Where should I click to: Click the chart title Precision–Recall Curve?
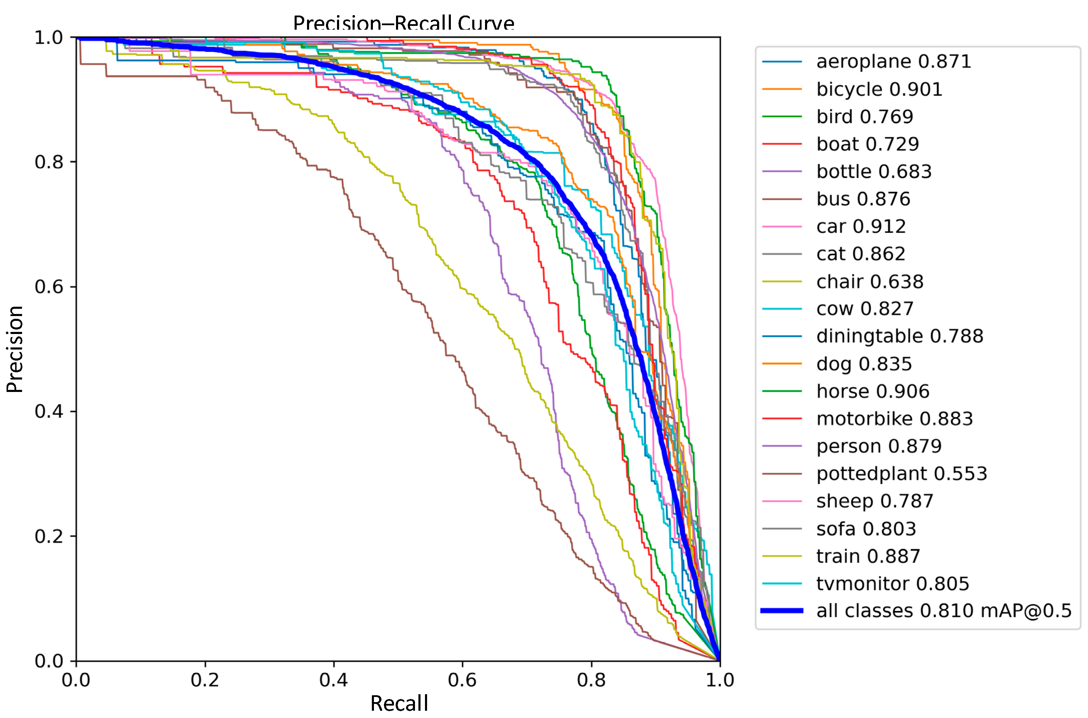coord(403,23)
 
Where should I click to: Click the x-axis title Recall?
coord(399,703)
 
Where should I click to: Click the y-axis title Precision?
coord(14,349)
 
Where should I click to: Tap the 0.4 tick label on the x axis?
coord(333,680)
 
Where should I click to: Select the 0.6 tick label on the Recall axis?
coord(462,680)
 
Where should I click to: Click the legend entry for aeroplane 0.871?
coord(893,61)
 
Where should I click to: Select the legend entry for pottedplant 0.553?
coord(901,473)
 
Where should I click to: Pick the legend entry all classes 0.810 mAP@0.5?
coord(944,611)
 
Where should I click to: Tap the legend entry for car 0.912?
coord(861,226)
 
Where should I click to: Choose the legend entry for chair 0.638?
coord(870,281)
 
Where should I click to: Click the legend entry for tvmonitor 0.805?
coord(892,583)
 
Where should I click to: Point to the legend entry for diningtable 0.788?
coord(899,336)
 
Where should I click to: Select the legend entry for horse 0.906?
coord(872,391)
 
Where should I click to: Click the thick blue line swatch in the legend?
coord(782,610)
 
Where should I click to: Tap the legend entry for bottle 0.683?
coord(873,171)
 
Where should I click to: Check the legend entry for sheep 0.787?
coord(874,501)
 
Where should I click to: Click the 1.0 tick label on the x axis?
coord(720,680)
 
